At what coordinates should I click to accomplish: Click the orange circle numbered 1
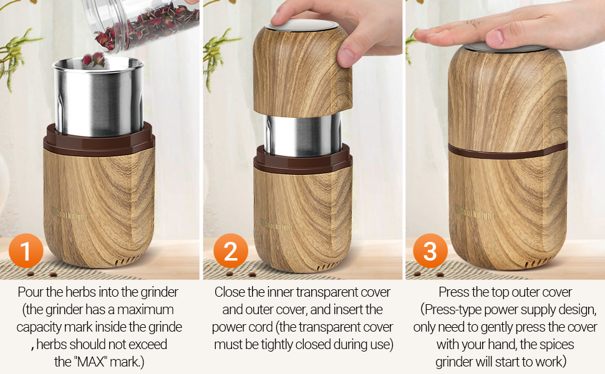[x=26, y=251]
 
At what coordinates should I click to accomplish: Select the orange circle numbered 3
[x=430, y=251]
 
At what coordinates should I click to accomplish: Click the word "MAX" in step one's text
[x=91, y=362]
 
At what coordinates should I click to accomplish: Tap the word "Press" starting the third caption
[x=453, y=292]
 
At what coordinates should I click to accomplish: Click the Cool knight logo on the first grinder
[x=70, y=214]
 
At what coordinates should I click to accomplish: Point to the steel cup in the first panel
[x=99, y=97]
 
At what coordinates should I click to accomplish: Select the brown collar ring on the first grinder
[x=99, y=139]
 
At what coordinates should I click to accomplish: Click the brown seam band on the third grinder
[x=507, y=151]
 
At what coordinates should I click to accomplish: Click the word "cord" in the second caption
[x=261, y=327]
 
